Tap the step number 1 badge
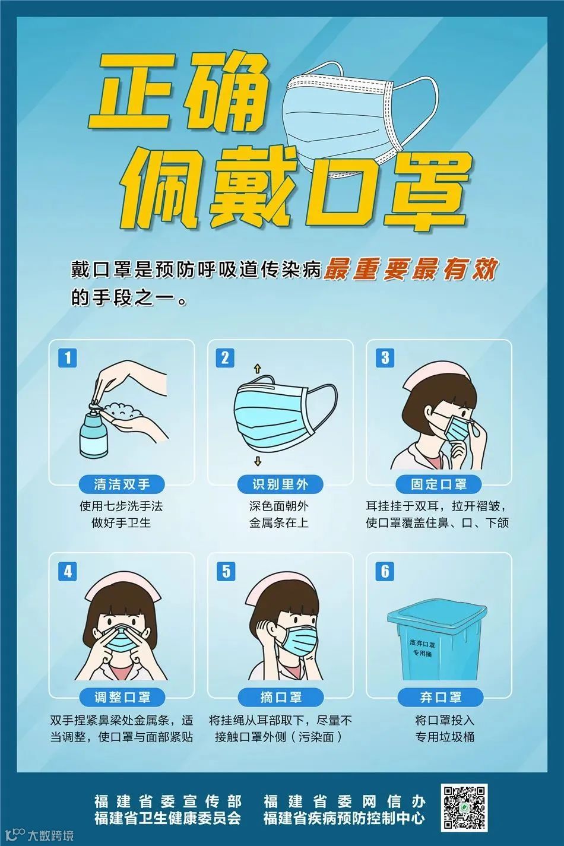(x=67, y=357)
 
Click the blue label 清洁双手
(x=122, y=484)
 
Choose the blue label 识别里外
(x=280, y=484)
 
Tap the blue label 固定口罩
(x=439, y=484)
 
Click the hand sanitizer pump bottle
(x=93, y=427)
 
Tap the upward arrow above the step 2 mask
(x=258, y=369)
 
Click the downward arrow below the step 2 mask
(x=258, y=461)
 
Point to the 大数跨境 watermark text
(x=50, y=835)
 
